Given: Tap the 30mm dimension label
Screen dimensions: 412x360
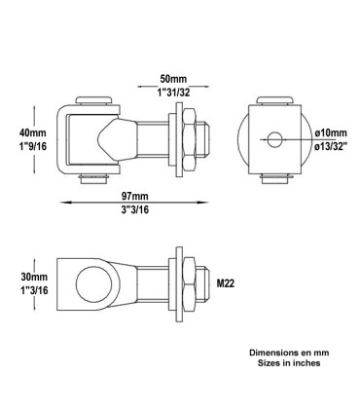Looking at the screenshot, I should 31,276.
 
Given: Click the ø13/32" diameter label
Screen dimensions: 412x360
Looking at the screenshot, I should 326,144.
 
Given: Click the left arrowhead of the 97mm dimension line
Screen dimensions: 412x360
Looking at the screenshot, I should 65,203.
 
